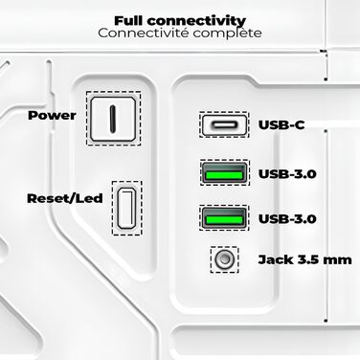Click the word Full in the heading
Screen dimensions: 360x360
click(131, 19)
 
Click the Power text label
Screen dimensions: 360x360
click(52, 116)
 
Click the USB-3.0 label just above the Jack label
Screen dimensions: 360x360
click(288, 219)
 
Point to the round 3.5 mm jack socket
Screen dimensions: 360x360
click(225, 259)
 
